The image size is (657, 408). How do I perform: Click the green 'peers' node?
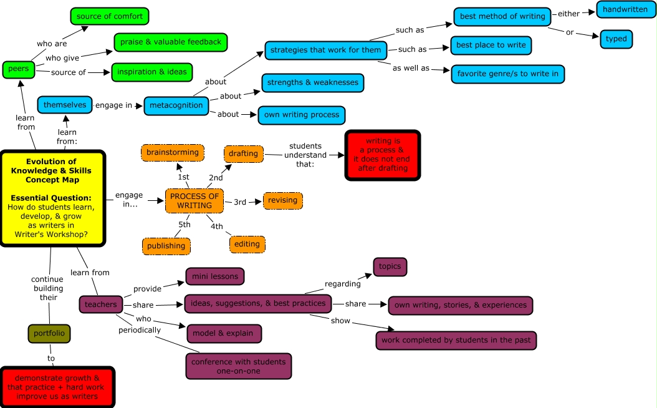[x=19, y=69]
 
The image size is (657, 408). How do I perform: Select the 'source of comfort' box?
[x=110, y=16]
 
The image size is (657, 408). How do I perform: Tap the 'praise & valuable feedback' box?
[x=170, y=42]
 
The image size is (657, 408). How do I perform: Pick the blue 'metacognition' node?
[x=176, y=105]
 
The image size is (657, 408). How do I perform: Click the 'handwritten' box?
[x=625, y=9]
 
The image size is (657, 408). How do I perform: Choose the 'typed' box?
[x=616, y=39]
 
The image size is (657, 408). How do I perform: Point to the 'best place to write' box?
[x=491, y=46]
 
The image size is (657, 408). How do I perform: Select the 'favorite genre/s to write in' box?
[x=507, y=74]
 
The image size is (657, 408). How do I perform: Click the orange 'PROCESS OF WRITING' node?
[x=194, y=201]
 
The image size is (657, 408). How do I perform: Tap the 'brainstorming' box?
[x=172, y=152]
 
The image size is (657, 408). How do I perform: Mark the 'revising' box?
[x=283, y=201]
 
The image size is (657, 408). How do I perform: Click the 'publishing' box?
[x=166, y=246]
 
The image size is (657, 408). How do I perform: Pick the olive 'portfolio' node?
[x=49, y=334]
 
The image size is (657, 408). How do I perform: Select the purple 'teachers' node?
[x=100, y=304]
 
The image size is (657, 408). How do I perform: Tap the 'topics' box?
[x=390, y=266]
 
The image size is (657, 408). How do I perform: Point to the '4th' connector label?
[x=216, y=226]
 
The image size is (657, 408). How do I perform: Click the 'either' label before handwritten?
[x=568, y=14]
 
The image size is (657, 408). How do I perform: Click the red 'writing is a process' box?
[x=382, y=155]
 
